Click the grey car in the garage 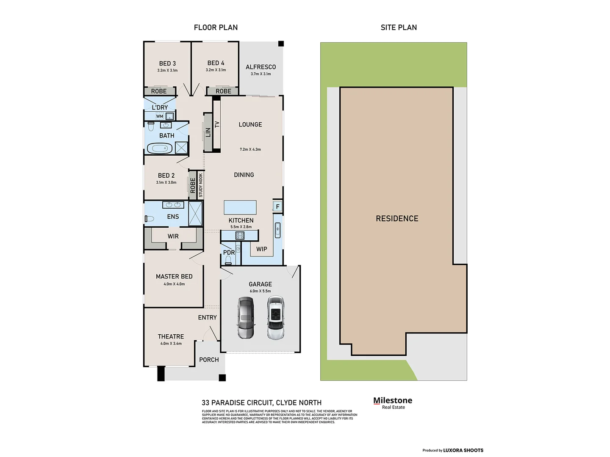point(246,318)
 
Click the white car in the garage point(275,318)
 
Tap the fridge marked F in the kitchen point(277,206)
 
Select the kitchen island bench point(240,207)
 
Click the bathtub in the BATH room point(159,148)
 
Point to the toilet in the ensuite point(149,219)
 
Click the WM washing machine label point(160,116)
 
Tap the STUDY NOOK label point(201,185)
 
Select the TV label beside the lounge point(217,124)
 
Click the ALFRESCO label point(261,67)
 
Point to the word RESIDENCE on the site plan point(397,218)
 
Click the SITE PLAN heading point(399,28)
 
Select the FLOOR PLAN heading point(216,28)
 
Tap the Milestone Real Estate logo point(393,403)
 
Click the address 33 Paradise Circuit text point(261,403)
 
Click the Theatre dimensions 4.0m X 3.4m point(171,344)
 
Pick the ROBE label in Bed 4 point(223,91)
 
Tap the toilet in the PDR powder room point(228,259)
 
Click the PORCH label point(209,360)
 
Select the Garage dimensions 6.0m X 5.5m point(260,291)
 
